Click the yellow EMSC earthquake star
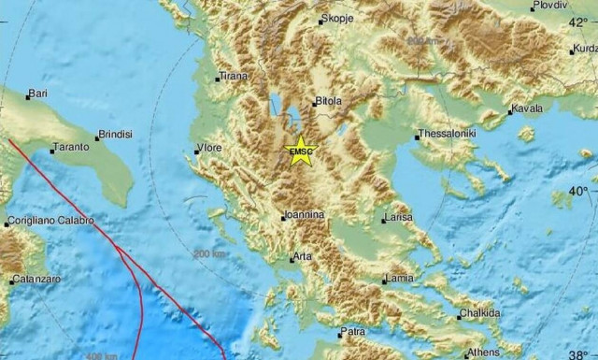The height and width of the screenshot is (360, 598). pyautogui.click(x=301, y=152)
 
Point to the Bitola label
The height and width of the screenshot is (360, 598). pyautogui.click(x=327, y=101)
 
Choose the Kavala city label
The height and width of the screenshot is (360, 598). pyautogui.click(x=527, y=108)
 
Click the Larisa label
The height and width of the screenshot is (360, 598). pyautogui.click(x=398, y=219)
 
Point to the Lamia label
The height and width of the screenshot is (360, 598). pyautogui.click(x=399, y=278)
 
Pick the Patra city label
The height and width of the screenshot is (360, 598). pyautogui.click(x=352, y=331)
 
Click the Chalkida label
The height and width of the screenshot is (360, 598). pyautogui.click(x=479, y=313)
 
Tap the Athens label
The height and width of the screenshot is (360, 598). pyautogui.click(x=483, y=353)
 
